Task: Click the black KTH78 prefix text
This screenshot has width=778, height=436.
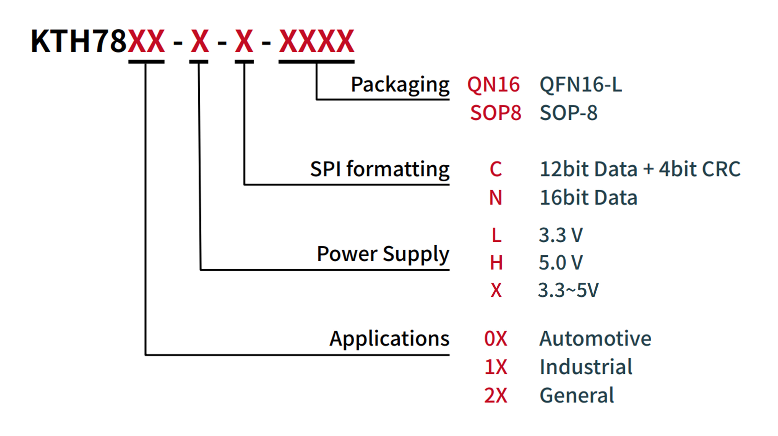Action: click(x=79, y=41)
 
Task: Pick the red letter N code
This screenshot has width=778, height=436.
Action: click(x=496, y=198)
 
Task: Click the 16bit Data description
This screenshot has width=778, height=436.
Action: click(x=588, y=198)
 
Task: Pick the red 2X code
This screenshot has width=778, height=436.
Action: click(x=496, y=395)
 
